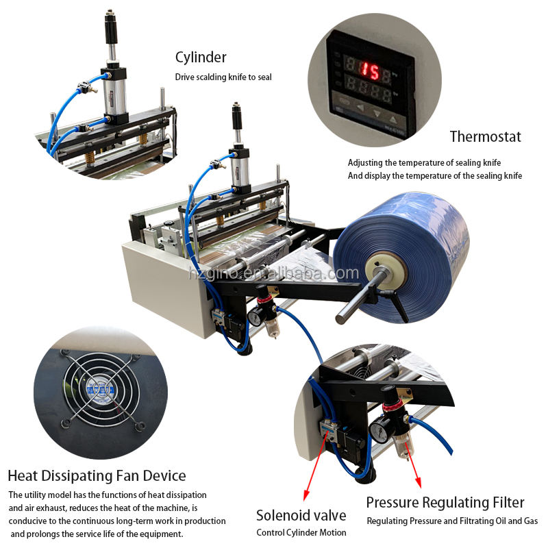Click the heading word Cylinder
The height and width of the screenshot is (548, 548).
pos(201,58)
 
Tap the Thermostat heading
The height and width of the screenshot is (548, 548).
pos(485,136)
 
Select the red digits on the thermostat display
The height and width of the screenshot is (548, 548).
pos(370,72)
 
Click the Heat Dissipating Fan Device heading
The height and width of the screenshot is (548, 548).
pos(97,475)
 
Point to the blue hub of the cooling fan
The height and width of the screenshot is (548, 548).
pos(100,389)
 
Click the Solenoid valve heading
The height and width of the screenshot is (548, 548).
pos(301,515)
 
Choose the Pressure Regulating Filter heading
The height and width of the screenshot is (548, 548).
pos(445,502)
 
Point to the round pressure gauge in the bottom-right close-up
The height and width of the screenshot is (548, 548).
pos(379,432)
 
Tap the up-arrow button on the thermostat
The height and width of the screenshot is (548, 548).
pos(393,121)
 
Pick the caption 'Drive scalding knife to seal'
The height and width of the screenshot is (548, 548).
pos(223,77)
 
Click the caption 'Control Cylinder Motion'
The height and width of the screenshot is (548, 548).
pos(301,532)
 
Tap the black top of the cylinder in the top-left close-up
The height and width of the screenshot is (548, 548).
pos(111,27)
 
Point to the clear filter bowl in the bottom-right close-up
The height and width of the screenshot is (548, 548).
pos(403,446)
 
